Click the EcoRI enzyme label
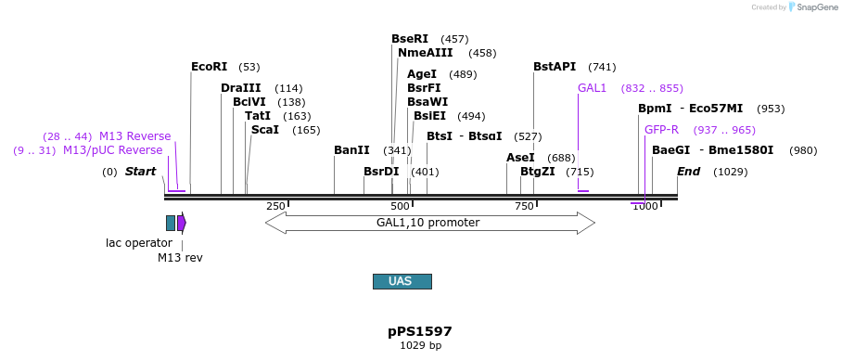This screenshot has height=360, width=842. (209, 67)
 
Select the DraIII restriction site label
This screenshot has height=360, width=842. (240, 88)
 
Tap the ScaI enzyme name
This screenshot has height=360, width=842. (264, 130)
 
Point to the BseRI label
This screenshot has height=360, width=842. (410, 39)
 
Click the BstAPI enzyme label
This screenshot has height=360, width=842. (555, 67)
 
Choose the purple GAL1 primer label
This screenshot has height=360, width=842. (592, 88)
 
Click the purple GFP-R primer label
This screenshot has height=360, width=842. (661, 130)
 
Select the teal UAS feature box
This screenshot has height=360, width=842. (402, 281)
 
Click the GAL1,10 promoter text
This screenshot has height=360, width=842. (427, 223)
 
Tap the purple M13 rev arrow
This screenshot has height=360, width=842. (182, 223)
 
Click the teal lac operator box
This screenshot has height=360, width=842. (171, 223)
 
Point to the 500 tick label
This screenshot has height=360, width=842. (401, 206)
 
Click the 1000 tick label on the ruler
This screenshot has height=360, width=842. (645, 206)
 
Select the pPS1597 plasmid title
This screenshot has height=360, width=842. (420, 331)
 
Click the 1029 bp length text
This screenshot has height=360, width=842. (420, 346)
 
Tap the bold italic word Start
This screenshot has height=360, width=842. (140, 172)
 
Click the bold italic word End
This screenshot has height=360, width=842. (688, 172)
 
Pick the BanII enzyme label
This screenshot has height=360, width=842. (351, 150)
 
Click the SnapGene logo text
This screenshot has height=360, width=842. (817, 7)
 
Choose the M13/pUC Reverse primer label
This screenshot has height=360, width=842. (112, 150)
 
